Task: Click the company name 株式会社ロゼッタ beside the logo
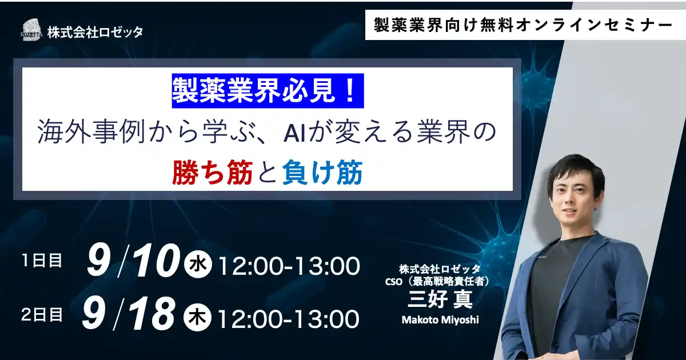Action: [x=95, y=32]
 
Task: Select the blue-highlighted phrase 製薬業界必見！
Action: [x=268, y=93]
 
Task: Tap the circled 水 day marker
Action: [x=198, y=265]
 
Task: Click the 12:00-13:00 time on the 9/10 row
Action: [x=289, y=266]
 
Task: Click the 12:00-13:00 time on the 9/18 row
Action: [x=289, y=317]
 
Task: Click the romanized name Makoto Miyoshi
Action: [x=440, y=319]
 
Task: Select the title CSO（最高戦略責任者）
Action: [x=440, y=281]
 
